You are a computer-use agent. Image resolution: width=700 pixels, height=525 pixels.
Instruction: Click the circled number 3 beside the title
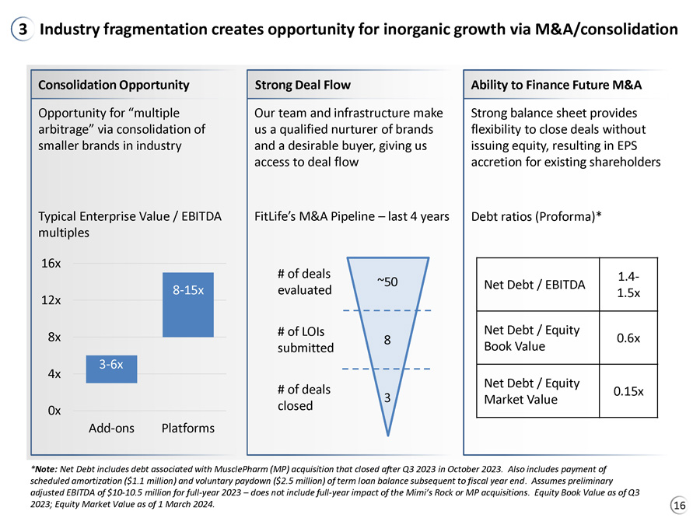[x=23, y=29]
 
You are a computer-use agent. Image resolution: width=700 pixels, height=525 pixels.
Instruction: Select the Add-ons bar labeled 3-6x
[x=111, y=369]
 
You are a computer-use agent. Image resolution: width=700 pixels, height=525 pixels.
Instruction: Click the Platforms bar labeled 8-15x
[x=188, y=304]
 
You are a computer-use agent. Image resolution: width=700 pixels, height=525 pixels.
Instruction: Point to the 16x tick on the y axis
[x=51, y=264]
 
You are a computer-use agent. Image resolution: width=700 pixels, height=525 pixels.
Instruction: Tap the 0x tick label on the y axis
[x=54, y=410]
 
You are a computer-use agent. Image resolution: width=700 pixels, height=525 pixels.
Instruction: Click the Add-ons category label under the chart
[x=111, y=428]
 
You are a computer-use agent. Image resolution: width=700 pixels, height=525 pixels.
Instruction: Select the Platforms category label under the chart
[x=188, y=428]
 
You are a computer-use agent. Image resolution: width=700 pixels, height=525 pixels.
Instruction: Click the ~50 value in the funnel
[x=387, y=282]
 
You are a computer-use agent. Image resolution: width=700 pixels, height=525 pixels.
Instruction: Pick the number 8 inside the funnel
[x=387, y=340]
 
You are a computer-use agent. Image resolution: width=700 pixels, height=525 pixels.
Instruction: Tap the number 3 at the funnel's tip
[x=387, y=397]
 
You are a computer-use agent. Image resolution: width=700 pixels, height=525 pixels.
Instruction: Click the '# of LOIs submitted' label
[x=306, y=340]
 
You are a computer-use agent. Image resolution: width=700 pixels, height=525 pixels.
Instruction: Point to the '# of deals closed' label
[x=304, y=397]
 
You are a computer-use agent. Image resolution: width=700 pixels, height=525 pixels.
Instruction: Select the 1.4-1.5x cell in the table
[x=628, y=285]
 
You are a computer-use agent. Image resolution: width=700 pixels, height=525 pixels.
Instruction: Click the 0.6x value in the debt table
[x=628, y=338]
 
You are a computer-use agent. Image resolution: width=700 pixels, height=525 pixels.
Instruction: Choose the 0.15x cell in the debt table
[x=628, y=391]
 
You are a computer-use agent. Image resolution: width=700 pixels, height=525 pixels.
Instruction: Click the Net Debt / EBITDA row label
[x=534, y=285]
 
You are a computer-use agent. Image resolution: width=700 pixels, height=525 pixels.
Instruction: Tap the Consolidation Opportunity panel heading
[x=114, y=85]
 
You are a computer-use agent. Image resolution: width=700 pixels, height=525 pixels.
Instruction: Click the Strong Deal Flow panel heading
[x=303, y=85]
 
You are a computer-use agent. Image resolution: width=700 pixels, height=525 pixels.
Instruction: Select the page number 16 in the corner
[x=680, y=506]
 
